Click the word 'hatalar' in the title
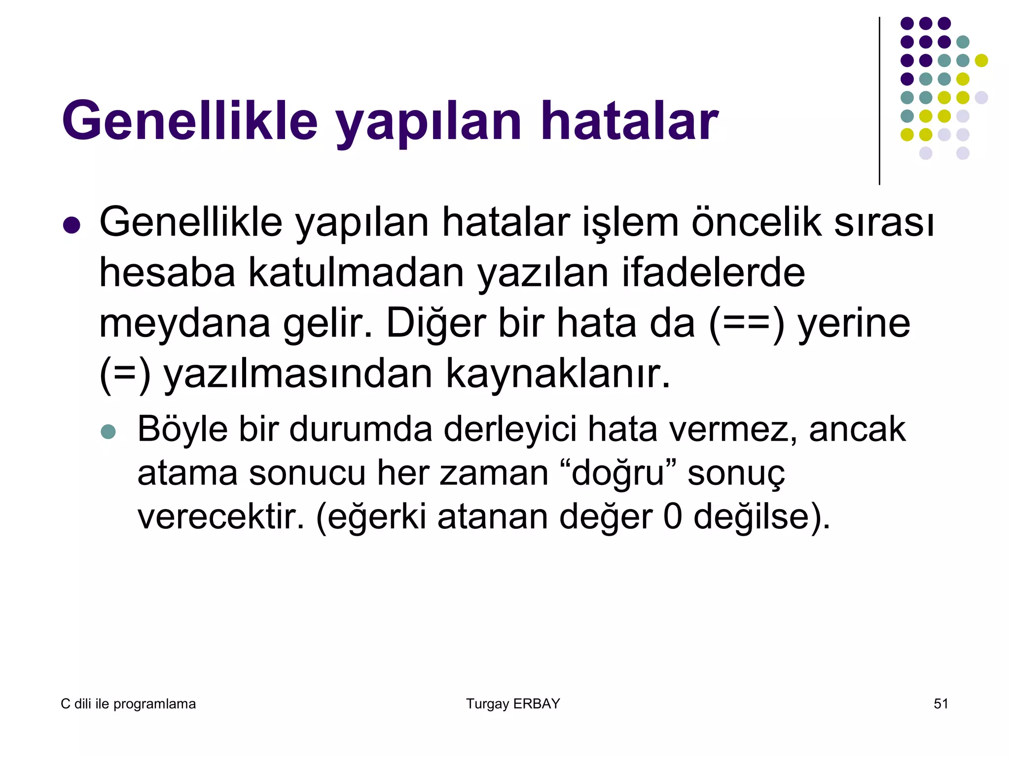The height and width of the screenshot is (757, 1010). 629,121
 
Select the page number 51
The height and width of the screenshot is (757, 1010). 941,704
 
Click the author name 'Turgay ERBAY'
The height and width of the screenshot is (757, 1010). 513,704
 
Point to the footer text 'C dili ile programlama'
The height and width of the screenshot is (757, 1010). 128,704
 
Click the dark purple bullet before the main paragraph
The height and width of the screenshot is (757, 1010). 72,225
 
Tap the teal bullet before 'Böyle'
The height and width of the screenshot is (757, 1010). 108,432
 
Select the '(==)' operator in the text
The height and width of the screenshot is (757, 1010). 746,324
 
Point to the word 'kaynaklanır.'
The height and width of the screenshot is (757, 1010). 558,374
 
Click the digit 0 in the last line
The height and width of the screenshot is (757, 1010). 673,516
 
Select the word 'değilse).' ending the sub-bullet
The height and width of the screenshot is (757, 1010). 762,517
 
